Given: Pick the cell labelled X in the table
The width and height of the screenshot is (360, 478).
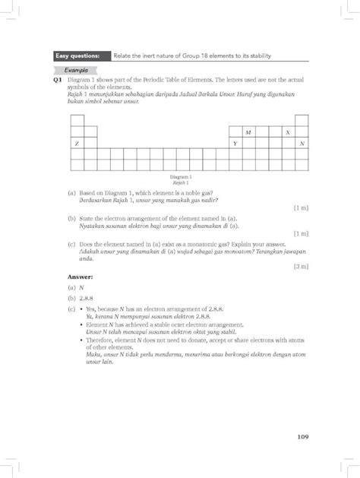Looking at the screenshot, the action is tap(288, 131).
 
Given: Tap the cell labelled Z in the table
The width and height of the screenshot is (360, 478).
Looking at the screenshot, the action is tap(76, 144).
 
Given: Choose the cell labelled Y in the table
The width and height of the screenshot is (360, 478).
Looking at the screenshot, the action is tap(235, 144).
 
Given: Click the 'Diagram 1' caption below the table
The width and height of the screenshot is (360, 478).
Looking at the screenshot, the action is tap(180, 177).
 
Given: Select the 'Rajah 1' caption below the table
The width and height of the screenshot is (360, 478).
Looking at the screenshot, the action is tap(180, 183).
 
